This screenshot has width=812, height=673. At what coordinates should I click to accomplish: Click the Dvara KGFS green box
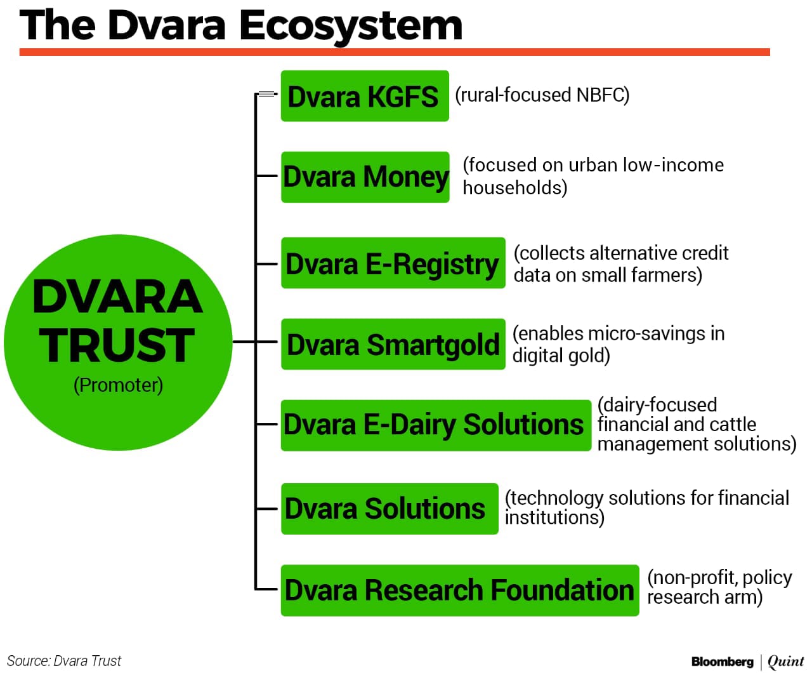[365, 96]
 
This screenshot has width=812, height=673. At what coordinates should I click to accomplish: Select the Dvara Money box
[365, 177]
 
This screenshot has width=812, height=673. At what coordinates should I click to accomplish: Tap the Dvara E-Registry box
[393, 263]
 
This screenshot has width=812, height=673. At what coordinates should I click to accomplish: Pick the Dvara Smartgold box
[393, 344]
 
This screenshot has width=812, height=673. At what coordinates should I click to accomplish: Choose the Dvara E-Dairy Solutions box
[436, 425]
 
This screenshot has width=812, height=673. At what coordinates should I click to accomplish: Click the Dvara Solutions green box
[390, 509]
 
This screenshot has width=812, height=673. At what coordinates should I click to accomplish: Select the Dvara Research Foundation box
[460, 590]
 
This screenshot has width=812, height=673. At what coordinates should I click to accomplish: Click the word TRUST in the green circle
[117, 345]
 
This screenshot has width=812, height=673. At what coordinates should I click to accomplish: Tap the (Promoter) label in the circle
[118, 385]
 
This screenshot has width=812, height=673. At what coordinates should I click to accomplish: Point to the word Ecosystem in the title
[350, 27]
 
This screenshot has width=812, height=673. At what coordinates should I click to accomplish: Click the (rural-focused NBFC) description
[542, 95]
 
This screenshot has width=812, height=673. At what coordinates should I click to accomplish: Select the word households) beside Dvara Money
[515, 188]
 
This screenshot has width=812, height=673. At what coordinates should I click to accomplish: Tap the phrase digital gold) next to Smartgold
[561, 356]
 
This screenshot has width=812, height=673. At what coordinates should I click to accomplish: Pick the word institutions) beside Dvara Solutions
[554, 518]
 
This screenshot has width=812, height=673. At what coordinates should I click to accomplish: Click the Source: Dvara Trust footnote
[64, 661]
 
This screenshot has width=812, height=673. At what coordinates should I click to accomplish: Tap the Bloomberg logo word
[722, 662]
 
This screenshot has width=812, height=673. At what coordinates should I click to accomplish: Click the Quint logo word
[785, 662]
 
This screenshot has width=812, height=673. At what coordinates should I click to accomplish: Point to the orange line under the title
[395, 52]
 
